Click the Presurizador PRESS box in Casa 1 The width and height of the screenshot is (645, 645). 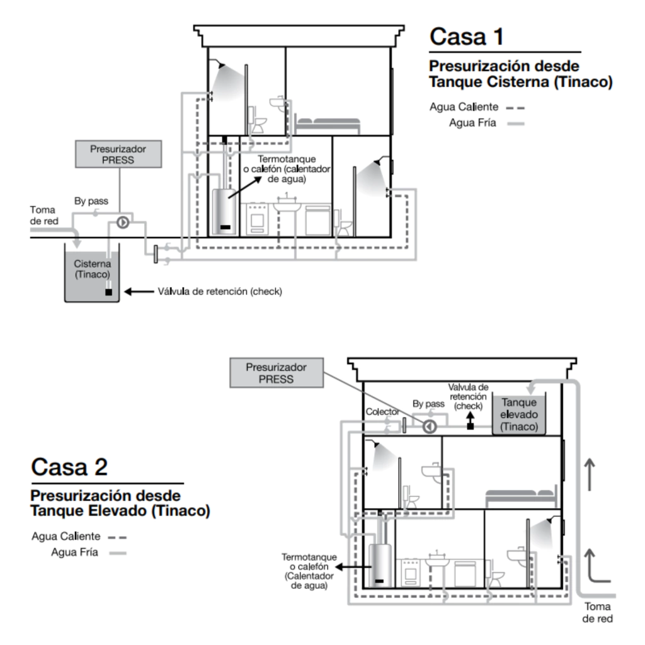118,154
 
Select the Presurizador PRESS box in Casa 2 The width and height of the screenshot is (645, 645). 277,373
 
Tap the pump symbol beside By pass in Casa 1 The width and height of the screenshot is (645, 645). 123,222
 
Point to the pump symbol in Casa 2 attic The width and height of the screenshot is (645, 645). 430,427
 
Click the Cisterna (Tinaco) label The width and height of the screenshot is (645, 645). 92,269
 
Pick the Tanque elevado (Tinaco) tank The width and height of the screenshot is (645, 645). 519,414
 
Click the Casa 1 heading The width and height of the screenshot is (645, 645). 467,37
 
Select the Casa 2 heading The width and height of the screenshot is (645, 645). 69,467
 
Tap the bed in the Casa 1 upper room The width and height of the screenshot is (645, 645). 328,125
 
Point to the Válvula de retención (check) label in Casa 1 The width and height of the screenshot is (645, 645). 220,292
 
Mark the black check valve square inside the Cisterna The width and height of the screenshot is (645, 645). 108,292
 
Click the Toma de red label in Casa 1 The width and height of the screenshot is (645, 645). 44,215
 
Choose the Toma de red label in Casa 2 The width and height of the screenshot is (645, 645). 597,612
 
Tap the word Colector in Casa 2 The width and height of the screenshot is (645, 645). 382,412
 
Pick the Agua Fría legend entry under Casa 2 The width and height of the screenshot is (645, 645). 88,552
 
